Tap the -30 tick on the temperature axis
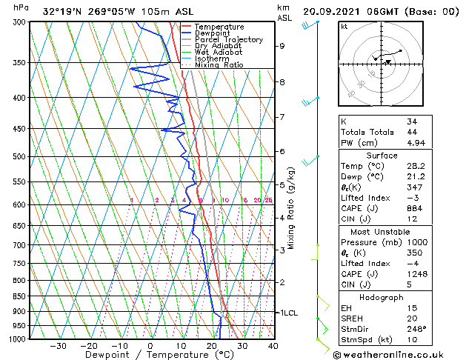[x=58, y=346]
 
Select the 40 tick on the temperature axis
[x=273, y=346]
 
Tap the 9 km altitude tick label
[x=282, y=46]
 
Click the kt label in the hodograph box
[x=344, y=26]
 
